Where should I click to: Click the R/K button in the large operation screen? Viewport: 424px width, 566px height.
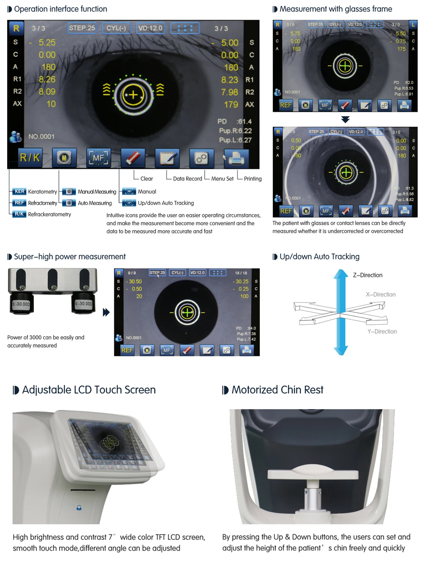click(x=30, y=158)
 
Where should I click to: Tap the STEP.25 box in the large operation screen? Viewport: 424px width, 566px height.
click(x=82, y=28)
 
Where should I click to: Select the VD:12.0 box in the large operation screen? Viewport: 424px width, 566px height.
click(x=150, y=28)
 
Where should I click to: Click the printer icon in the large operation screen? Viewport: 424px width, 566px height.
click(x=236, y=158)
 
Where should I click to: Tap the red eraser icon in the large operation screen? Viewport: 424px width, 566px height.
click(x=133, y=158)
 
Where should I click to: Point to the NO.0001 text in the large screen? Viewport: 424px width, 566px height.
click(x=41, y=137)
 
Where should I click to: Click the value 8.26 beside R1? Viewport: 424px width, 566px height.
click(x=47, y=79)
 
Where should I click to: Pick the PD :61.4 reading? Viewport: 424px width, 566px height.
click(x=234, y=121)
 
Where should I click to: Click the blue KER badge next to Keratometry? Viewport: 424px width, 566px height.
click(x=19, y=192)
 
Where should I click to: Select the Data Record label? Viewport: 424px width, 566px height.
click(x=187, y=179)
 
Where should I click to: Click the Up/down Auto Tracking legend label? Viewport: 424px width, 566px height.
click(x=166, y=203)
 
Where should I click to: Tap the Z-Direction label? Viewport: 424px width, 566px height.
click(x=367, y=275)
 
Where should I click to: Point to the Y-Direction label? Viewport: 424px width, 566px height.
click(x=382, y=332)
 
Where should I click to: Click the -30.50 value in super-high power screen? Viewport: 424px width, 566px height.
click(x=135, y=281)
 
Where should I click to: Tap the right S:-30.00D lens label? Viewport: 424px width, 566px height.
click(x=83, y=304)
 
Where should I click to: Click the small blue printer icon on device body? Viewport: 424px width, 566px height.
click(x=79, y=508)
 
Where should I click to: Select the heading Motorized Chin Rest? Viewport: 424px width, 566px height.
click(x=277, y=390)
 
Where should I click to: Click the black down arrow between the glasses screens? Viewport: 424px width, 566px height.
click(x=345, y=119)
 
